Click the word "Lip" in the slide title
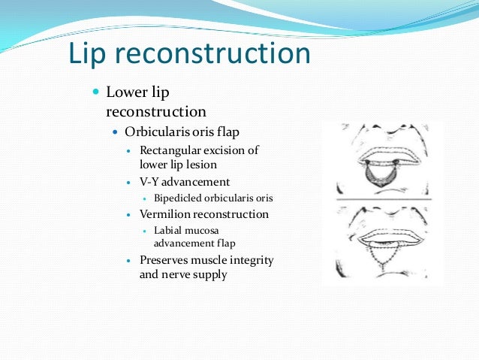pos(88,54)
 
